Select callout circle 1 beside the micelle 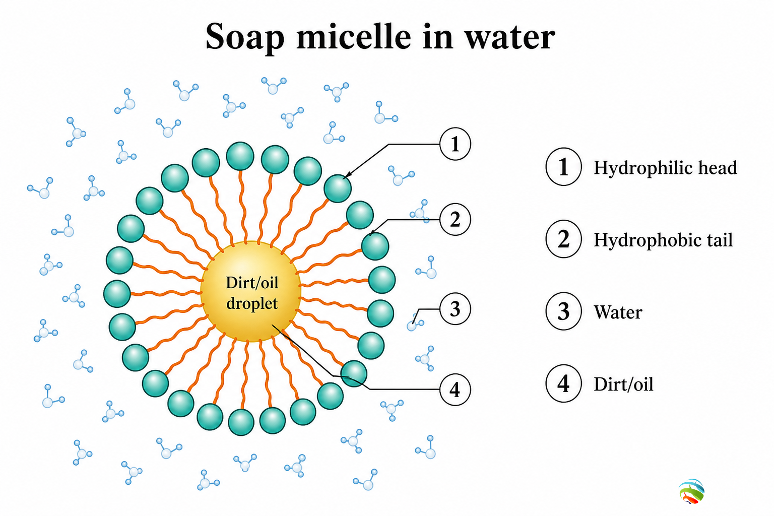pyautogui.click(x=455, y=144)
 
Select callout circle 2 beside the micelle pyautogui.click(x=455, y=220)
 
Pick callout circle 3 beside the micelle pyautogui.click(x=455, y=309)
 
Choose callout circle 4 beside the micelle pyautogui.click(x=455, y=390)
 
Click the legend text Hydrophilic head pyautogui.click(x=665, y=168)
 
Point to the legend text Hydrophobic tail pyautogui.click(x=663, y=240)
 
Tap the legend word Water pyautogui.click(x=618, y=312)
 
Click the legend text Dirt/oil pyautogui.click(x=623, y=384)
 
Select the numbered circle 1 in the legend pyautogui.click(x=563, y=167)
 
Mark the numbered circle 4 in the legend pyautogui.click(x=563, y=383)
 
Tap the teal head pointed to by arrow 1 pyautogui.click(x=338, y=188)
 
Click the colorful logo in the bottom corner pyautogui.click(x=691, y=491)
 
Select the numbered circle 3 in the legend pyautogui.click(x=563, y=311)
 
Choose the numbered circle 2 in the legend pyautogui.click(x=563, y=239)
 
